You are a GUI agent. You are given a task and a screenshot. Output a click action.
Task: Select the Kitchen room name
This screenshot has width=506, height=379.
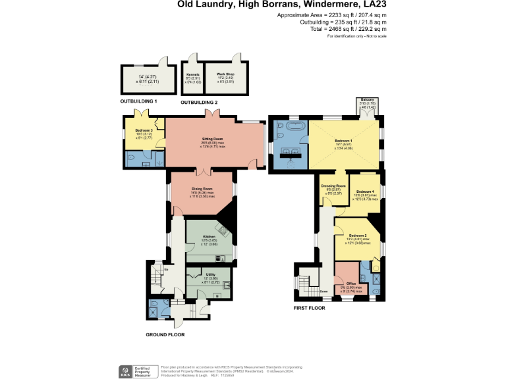209,236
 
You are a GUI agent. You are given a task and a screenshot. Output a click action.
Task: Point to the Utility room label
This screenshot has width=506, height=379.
210,274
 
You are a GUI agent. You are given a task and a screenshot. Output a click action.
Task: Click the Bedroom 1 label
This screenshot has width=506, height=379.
343,141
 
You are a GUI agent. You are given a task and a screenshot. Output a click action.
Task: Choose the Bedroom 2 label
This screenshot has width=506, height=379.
358,236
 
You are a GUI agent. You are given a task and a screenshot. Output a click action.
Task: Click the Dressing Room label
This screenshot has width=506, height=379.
333,186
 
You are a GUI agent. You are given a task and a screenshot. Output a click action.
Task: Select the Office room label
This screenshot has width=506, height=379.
351,283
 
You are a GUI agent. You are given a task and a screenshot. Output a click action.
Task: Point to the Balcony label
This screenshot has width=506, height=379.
368,100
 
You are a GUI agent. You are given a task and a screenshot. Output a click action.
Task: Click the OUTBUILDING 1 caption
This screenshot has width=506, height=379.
138,101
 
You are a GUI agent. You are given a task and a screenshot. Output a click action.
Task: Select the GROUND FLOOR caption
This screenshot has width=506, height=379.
165,334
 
